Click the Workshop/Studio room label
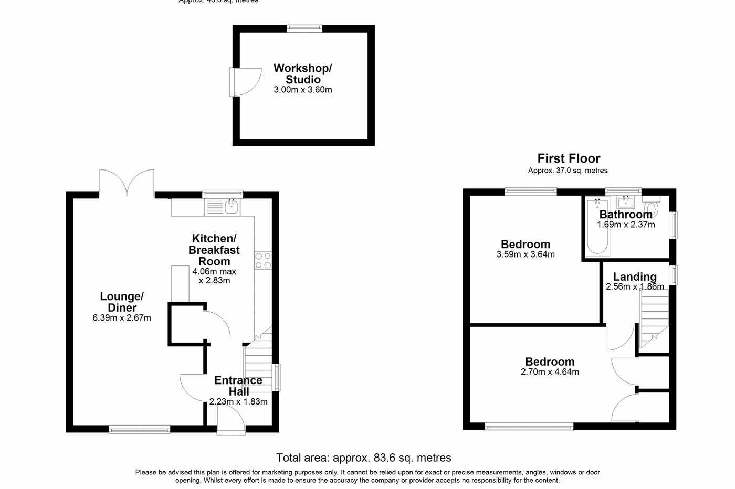pos(303,74)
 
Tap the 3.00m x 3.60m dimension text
pos(303,90)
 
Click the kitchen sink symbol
pos(232,207)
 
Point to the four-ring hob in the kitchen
pos(263,261)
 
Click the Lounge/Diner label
pos(122,302)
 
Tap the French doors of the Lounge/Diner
pos(127,183)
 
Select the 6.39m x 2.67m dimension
pos(122,318)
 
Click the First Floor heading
pos(569,158)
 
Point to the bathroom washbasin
pos(626,203)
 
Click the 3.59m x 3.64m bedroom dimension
pos(526,255)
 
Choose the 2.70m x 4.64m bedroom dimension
pos(550,373)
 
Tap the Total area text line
pos(364,458)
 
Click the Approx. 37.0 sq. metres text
pos(568,171)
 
